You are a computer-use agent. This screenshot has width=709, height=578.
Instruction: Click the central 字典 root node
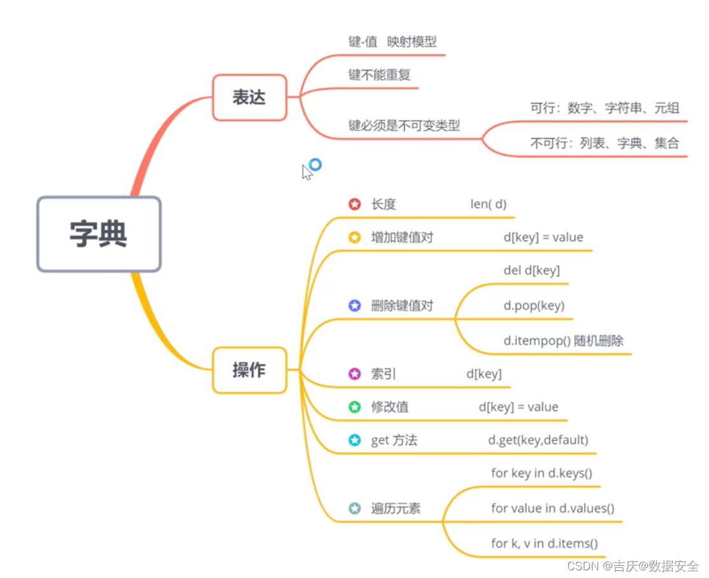click(x=99, y=234)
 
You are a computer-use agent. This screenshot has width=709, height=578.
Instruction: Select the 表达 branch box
click(x=249, y=97)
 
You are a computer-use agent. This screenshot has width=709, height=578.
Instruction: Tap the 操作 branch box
click(x=249, y=370)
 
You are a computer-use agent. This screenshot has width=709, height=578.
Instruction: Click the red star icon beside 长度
click(x=354, y=204)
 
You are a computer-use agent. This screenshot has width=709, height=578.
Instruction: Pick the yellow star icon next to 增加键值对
click(x=354, y=237)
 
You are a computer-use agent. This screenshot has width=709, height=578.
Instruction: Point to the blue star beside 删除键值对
click(x=354, y=306)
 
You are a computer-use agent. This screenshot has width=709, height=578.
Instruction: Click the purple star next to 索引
click(x=354, y=374)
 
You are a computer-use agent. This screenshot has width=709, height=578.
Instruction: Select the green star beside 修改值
click(x=354, y=407)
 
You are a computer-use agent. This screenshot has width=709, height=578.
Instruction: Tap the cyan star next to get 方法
click(x=354, y=440)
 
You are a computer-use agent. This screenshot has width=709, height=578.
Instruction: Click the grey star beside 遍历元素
click(x=354, y=509)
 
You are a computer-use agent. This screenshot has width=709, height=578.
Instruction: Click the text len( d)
click(x=488, y=204)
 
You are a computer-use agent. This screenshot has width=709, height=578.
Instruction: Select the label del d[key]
click(x=532, y=271)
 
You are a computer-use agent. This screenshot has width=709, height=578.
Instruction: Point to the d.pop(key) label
click(x=534, y=306)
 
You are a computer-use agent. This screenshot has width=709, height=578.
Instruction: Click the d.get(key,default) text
click(x=538, y=440)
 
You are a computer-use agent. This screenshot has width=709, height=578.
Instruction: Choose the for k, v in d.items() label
click(x=544, y=543)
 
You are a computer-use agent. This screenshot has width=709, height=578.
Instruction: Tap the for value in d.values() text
click(x=552, y=509)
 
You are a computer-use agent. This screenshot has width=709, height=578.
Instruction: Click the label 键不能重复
click(x=379, y=74)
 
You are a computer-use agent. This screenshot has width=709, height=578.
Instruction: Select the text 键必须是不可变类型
click(x=404, y=125)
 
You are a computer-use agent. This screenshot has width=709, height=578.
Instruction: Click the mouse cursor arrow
click(x=307, y=173)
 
